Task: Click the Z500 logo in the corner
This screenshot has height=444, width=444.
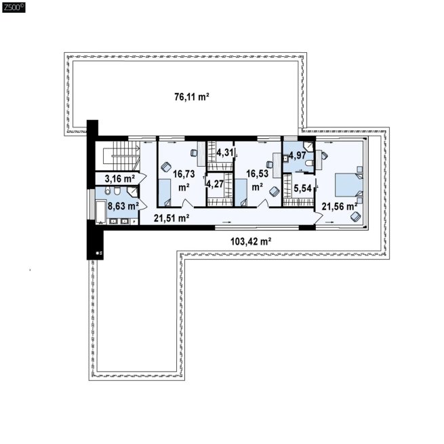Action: [x=14, y=7]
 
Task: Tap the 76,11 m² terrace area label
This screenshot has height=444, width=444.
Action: [x=192, y=97]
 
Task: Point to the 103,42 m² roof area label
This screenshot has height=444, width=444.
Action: [x=251, y=241]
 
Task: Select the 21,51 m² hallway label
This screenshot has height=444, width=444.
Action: [x=171, y=218]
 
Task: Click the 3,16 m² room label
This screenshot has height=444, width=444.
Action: [x=120, y=179]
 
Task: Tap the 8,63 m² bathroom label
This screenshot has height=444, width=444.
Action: [x=123, y=206]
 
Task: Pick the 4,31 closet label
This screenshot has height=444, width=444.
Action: [x=225, y=153]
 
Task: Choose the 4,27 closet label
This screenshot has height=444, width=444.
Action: [x=215, y=184]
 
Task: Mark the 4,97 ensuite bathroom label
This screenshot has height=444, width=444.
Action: [x=298, y=155]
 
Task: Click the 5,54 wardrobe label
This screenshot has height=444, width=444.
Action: [x=302, y=188]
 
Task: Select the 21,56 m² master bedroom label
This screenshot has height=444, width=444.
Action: [x=339, y=207]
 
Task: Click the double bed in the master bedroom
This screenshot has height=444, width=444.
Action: [x=349, y=184]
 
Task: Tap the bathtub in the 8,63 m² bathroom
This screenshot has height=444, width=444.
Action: [x=100, y=211]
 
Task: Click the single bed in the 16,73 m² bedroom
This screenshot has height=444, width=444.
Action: [x=164, y=193]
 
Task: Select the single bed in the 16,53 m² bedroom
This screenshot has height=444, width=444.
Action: [x=241, y=193]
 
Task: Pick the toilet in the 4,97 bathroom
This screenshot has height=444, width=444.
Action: [x=309, y=163]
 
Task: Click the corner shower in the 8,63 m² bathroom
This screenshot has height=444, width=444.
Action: [x=132, y=192]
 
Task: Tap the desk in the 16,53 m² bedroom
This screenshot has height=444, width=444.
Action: [x=277, y=165]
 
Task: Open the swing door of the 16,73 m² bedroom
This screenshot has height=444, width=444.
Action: [x=186, y=203]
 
